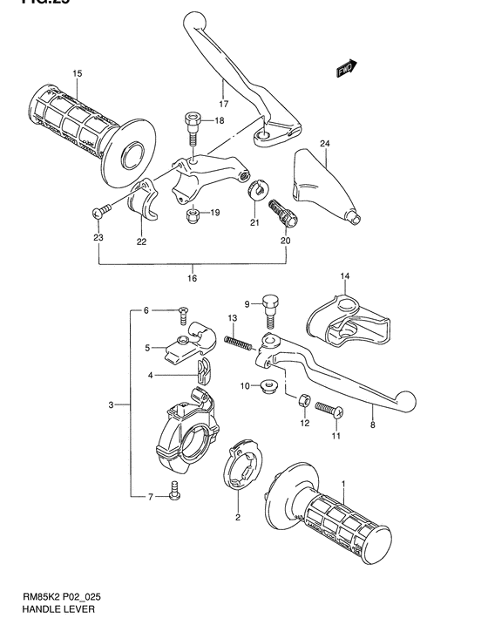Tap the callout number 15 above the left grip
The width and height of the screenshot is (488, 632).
(x=76, y=73)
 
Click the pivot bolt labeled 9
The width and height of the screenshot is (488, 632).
(x=270, y=305)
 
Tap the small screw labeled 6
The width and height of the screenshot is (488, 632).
(x=183, y=311)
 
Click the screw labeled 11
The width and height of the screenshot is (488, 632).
(x=328, y=407)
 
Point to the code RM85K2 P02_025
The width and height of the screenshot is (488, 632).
(x=62, y=599)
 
